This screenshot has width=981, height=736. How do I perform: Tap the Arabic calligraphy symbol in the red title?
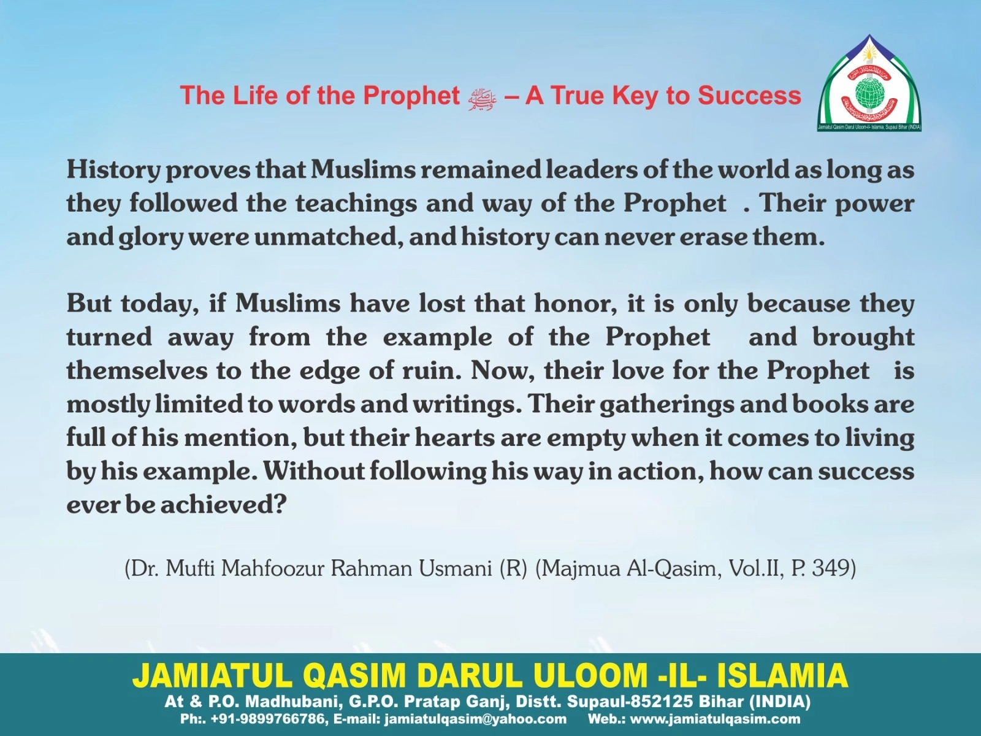click(482, 99)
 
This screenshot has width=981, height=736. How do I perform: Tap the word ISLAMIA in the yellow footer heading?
click(782, 676)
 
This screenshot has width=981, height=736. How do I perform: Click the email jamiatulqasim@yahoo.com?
click(475, 719)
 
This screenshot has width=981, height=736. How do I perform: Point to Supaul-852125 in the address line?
click(629, 702)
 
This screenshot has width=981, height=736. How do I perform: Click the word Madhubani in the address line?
click(294, 702)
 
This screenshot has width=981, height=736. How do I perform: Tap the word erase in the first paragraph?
click(713, 237)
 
